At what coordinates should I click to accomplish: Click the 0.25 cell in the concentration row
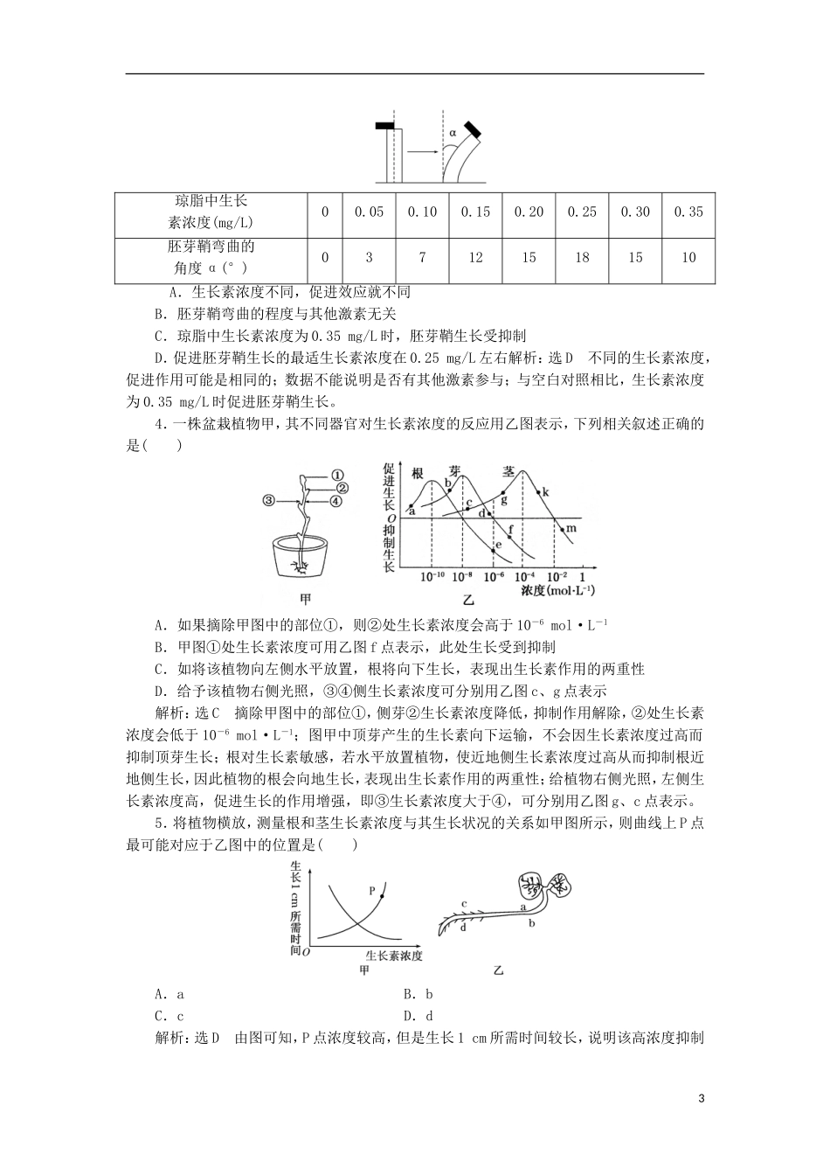582,212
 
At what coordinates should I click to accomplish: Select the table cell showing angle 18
582,257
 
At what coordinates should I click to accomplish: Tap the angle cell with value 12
475,257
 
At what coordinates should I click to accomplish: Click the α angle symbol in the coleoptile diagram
453,134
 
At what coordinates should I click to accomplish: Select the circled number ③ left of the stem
269,500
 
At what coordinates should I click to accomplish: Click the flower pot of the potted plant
299,559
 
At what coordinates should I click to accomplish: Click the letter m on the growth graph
571,529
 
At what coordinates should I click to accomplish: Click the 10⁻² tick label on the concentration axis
557,577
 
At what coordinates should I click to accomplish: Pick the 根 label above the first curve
418,472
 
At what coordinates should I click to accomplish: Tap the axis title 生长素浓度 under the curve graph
394,956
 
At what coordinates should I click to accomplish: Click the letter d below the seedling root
463,928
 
